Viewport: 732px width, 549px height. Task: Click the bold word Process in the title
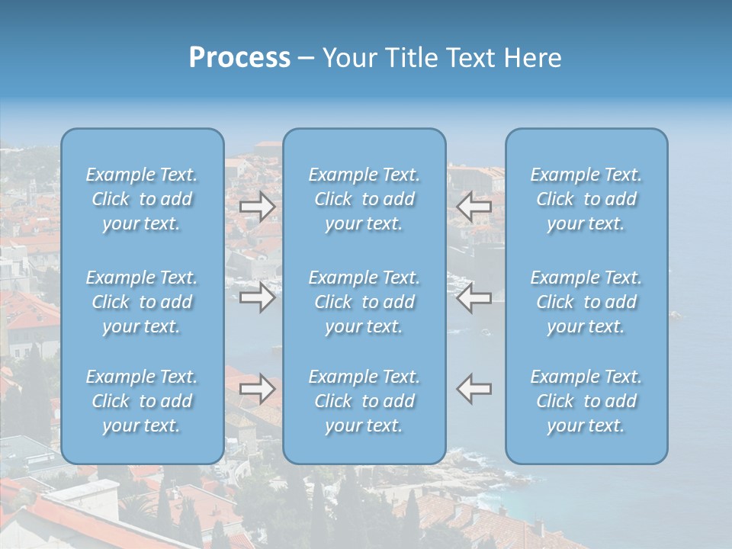[x=239, y=58]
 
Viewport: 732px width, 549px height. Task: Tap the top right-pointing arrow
[x=257, y=206]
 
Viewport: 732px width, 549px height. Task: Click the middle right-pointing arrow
[x=257, y=297]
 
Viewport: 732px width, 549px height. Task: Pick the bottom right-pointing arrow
[x=257, y=389]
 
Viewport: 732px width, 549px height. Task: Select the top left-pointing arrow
[x=474, y=206]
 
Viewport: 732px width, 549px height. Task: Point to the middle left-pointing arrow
[x=474, y=297]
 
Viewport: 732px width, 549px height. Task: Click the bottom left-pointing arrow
[x=474, y=389]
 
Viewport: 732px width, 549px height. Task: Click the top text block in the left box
[x=142, y=199]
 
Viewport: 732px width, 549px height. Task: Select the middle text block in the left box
[x=142, y=302]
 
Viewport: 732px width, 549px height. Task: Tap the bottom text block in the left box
[x=142, y=401]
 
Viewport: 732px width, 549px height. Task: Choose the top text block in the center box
[x=364, y=199]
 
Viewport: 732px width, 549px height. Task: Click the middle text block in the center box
[x=364, y=302]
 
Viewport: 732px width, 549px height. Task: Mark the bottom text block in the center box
[x=364, y=401]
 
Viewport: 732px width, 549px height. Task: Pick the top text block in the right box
[x=586, y=199]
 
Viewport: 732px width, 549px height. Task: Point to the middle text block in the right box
[x=586, y=302]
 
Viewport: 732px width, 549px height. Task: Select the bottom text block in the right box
[x=586, y=401]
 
